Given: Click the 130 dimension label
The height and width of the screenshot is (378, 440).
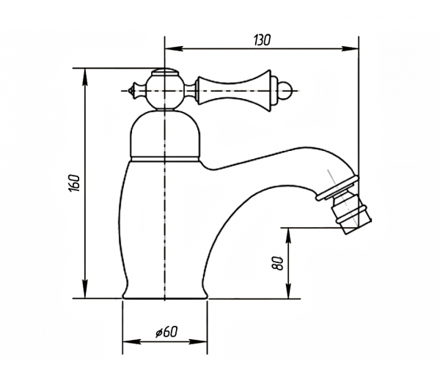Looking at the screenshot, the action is (x=262, y=40).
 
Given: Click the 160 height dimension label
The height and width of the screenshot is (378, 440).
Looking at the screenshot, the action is (x=74, y=183).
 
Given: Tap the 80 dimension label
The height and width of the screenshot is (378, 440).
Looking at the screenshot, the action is (x=278, y=263).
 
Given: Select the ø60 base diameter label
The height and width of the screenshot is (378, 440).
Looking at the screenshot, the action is (x=166, y=333).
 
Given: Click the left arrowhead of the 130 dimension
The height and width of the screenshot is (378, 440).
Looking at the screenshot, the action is (x=174, y=49).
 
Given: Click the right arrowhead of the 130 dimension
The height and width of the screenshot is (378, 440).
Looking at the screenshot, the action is (x=350, y=49).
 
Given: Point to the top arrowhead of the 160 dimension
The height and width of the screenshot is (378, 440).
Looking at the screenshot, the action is (x=85, y=77).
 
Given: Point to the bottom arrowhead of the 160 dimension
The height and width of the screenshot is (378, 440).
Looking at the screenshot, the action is (x=85, y=289).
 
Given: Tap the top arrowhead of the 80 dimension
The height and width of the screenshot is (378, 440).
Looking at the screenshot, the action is (x=288, y=237).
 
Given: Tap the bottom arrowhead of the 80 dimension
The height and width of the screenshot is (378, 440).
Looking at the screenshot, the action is (x=288, y=289).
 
